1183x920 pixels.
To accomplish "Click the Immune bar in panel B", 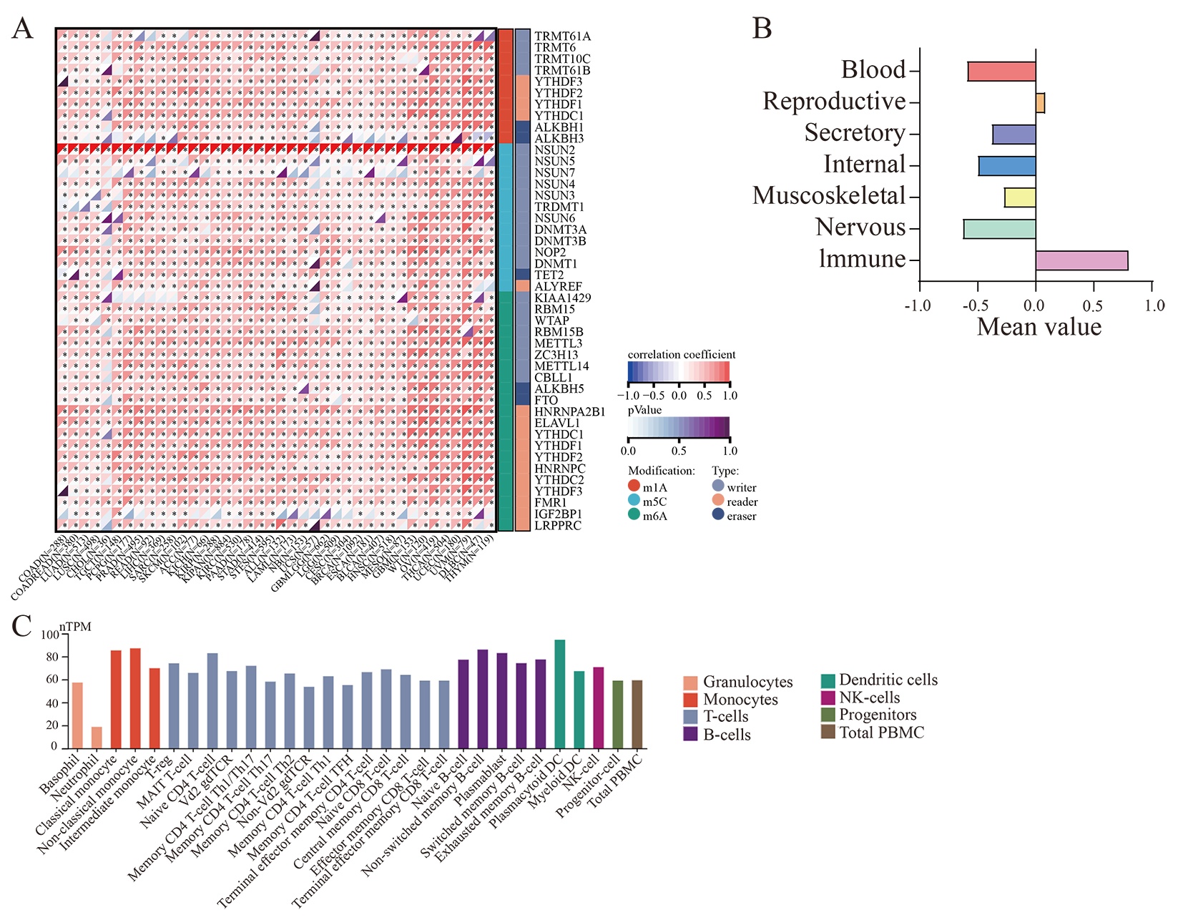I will [1081, 260].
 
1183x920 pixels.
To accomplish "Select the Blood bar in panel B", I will [1001, 72].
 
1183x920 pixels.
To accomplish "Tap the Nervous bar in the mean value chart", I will [999, 229].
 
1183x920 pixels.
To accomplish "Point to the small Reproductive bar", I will [1040, 103].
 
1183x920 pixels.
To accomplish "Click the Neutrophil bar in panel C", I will [97, 738].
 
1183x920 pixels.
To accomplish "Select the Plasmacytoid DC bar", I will [560, 694].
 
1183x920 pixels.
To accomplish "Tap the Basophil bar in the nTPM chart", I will [77, 715].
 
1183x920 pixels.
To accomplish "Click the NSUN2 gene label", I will [554, 150].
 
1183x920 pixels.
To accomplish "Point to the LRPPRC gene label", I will [558, 526].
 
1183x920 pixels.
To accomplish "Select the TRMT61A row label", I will [562, 36].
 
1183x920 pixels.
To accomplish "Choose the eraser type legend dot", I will [718, 514].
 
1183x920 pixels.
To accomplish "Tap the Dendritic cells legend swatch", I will [828, 680].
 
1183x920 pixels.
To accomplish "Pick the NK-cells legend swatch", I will [828, 698].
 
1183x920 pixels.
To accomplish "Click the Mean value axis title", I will [1039, 327].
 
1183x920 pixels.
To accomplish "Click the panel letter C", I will [21, 626].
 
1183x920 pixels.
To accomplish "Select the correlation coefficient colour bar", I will [679, 371].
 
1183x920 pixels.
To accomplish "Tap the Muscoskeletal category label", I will [829, 196].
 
